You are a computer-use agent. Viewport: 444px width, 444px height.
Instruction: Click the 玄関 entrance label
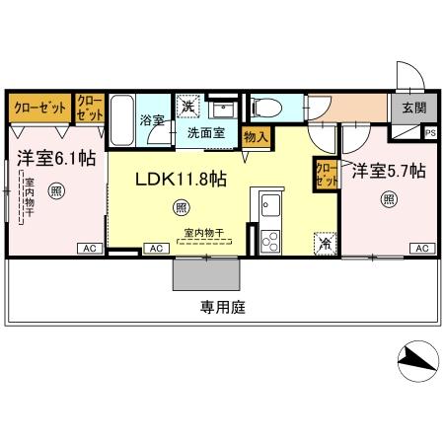(x=411, y=109)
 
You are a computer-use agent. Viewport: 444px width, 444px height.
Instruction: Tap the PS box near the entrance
(x=430, y=131)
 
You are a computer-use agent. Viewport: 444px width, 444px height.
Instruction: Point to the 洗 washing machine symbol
(x=187, y=106)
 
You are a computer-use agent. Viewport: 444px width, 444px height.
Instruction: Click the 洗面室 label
(x=205, y=130)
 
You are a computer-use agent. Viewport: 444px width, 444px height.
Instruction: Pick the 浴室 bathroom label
(x=153, y=121)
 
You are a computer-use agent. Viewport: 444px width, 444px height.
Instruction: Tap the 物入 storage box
(x=254, y=136)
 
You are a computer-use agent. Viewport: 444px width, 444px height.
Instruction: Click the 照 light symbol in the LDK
(x=182, y=208)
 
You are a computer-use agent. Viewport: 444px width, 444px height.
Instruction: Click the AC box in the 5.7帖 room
(x=419, y=248)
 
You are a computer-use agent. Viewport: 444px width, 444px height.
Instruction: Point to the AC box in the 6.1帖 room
(x=89, y=248)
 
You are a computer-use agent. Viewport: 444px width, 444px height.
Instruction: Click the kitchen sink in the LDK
(x=269, y=205)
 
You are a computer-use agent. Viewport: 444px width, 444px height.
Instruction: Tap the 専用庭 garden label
(x=223, y=307)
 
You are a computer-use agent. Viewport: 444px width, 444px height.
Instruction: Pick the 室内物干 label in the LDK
(x=203, y=234)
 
